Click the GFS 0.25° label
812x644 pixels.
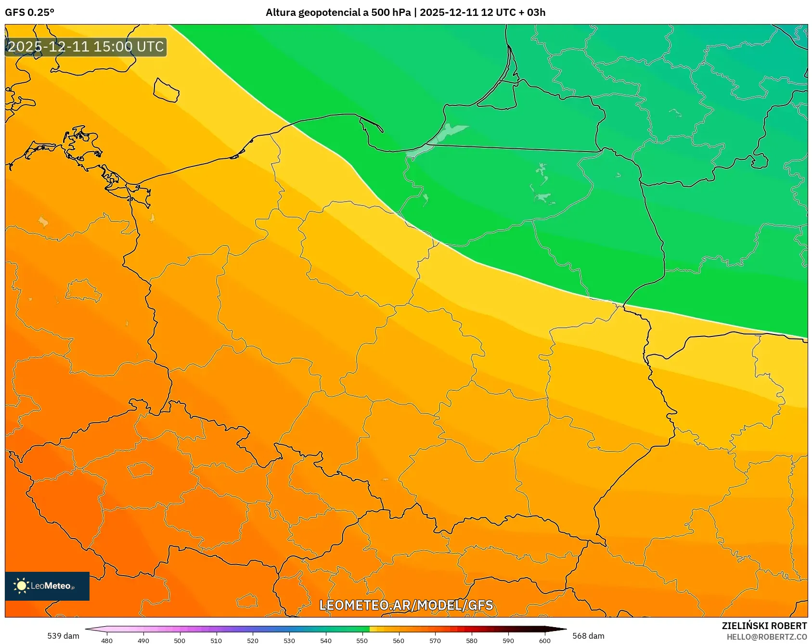(29, 13)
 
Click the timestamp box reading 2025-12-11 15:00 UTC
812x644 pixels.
(86, 47)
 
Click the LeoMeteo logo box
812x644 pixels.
(47, 586)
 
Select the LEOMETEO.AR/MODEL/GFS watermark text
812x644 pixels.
(406, 605)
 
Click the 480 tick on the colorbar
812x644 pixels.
(107, 640)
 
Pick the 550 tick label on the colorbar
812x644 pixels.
(362, 640)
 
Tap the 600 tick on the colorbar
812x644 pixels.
(544, 640)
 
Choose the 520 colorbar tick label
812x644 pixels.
(253, 640)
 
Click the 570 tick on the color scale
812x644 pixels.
(435, 640)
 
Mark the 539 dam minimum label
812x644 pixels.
(63, 636)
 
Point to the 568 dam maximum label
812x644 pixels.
(588, 636)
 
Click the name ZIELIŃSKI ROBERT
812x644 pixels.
(764, 626)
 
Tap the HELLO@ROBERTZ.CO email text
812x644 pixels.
(766, 637)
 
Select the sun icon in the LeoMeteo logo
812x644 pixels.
(21, 586)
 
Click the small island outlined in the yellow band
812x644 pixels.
(166, 90)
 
